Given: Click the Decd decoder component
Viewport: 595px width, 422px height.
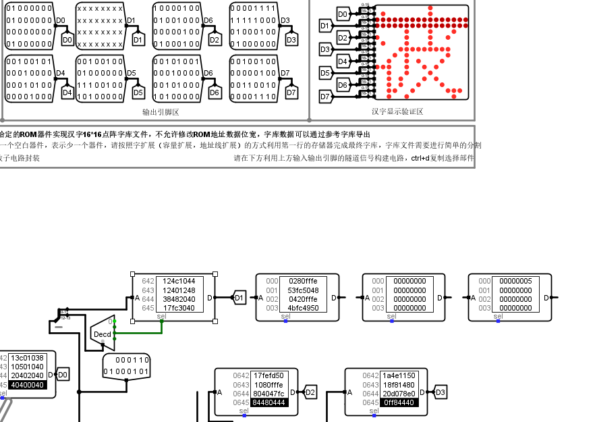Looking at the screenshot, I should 103,334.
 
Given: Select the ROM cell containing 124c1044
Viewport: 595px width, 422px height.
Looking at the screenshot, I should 179,281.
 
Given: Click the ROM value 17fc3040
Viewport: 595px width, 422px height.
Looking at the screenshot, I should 179,308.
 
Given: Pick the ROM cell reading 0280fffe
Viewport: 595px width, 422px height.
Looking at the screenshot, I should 303,281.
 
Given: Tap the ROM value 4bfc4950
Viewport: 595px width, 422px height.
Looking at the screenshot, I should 303,308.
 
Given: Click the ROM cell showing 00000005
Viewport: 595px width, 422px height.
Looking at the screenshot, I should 515,281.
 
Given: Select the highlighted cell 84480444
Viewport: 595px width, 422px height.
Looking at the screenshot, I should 268,402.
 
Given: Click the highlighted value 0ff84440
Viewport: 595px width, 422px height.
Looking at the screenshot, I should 399,402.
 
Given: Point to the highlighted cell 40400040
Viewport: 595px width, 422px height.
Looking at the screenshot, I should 28,385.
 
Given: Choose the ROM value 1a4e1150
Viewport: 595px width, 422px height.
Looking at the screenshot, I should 399,375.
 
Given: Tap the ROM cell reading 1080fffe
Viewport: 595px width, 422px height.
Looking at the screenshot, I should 268,384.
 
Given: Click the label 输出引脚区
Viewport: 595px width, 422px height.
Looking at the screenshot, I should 161,112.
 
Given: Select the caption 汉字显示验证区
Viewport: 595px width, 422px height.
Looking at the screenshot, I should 397,111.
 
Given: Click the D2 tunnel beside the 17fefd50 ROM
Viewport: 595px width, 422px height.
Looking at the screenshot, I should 310,392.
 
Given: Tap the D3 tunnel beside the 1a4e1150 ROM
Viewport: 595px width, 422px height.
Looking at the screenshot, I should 441,392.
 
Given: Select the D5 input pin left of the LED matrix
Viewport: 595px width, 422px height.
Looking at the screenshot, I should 325,73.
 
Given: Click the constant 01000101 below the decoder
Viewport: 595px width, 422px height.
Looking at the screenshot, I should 126,371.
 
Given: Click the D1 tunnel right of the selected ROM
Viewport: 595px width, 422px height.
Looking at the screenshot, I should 239,297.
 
